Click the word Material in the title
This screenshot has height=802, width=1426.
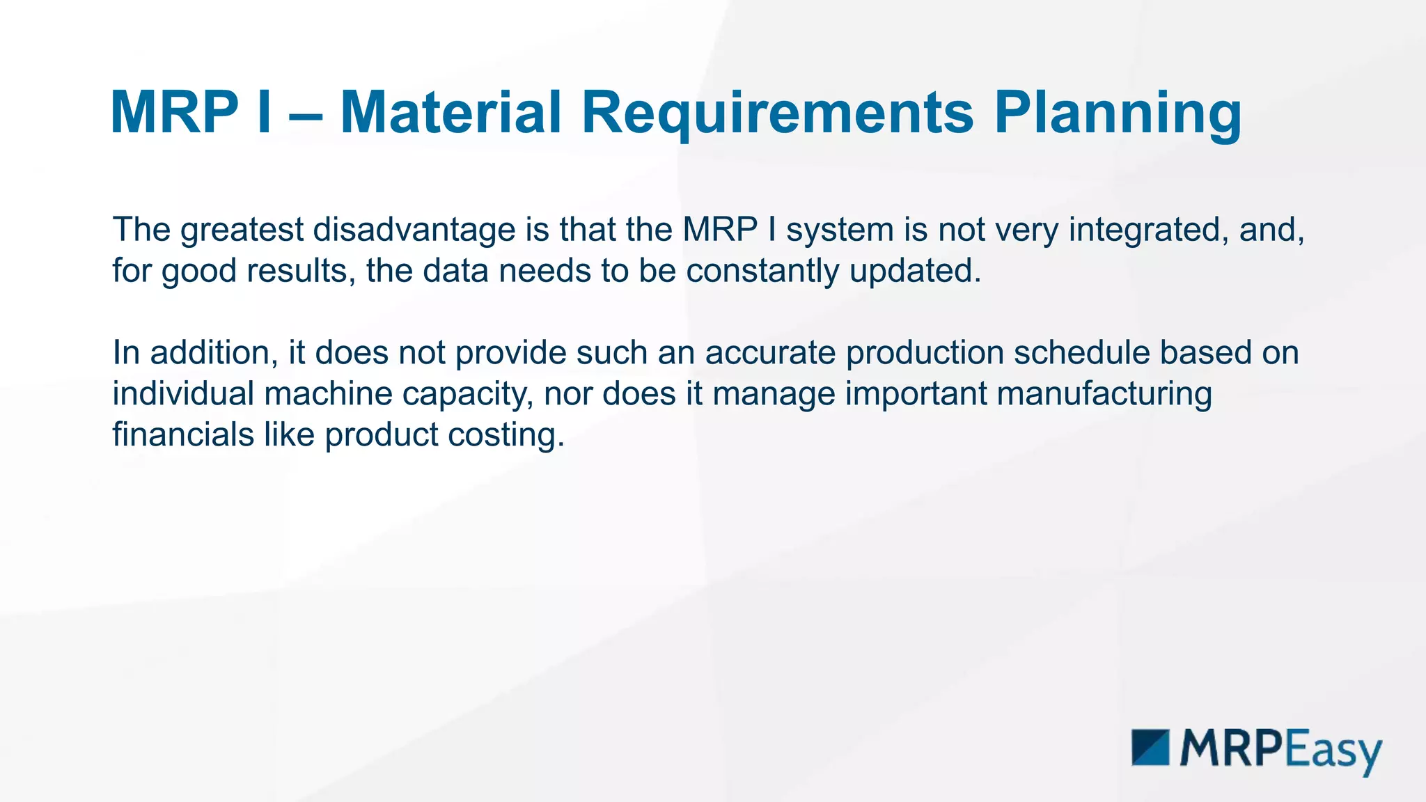pos(450,113)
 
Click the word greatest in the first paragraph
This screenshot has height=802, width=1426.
pos(242,230)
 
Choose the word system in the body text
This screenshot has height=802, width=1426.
pos(840,230)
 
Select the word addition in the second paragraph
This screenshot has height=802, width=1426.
pos(210,352)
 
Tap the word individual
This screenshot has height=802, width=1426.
pos(182,393)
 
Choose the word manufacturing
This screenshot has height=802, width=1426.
pos(1104,393)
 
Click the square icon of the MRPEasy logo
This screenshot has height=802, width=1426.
pos(1150,747)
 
